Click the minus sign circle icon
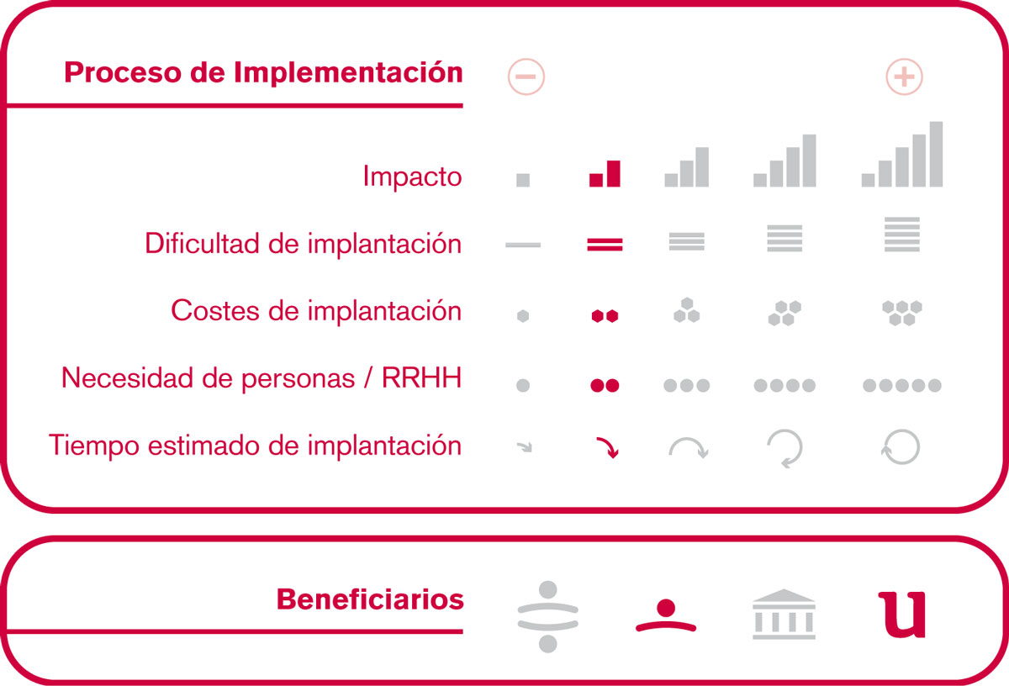[526, 77]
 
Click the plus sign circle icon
[904, 77]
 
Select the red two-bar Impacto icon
[605, 173]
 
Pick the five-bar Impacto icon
[901, 154]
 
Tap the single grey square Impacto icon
[523, 180]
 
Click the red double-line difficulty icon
[605, 245]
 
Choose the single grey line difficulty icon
[523, 245]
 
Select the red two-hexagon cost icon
[605, 316]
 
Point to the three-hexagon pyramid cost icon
[686, 310]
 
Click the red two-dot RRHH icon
[605, 385]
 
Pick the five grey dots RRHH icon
[901, 385]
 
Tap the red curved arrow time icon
[608, 446]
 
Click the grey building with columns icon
[784, 614]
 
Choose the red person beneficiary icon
[666, 615]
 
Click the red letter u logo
[901, 615]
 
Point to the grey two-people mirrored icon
[547, 616]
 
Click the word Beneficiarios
[370, 599]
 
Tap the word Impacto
[412, 176]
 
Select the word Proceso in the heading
[123, 72]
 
